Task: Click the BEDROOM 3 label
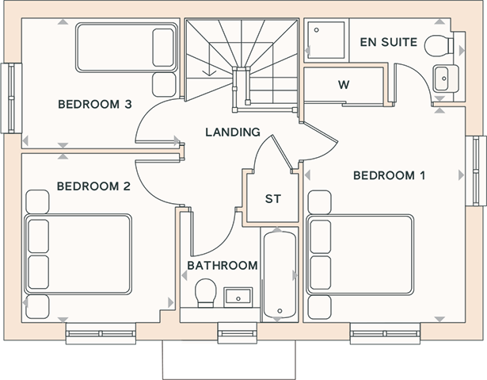pyautogui.click(x=95, y=104)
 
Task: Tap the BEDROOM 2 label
pyautogui.click(x=93, y=186)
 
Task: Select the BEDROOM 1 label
pyautogui.click(x=389, y=175)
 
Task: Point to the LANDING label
pyautogui.click(x=233, y=132)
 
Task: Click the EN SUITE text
pyautogui.click(x=389, y=42)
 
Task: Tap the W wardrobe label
pyautogui.click(x=344, y=85)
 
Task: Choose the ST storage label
pyautogui.click(x=273, y=199)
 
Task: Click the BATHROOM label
pyautogui.click(x=223, y=266)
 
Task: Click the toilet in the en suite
pyautogui.click(x=439, y=46)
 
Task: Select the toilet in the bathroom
pyautogui.click(x=206, y=293)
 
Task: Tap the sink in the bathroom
pyautogui.click(x=238, y=297)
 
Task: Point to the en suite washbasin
pyautogui.click(x=444, y=79)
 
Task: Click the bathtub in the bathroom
pyautogui.click(x=280, y=274)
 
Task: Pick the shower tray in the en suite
pyautogui.click(x=326, y=40)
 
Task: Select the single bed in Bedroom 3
pyautogui.click(x=127, y=48)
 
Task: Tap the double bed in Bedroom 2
pyautogui.click(x=78, y=254)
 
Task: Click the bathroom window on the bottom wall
pyautogui.click(x=238, y=333)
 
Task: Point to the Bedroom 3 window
pyautogui.click(x=12, y=98)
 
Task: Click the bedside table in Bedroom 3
pyautogui.click(x=164, y=85)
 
